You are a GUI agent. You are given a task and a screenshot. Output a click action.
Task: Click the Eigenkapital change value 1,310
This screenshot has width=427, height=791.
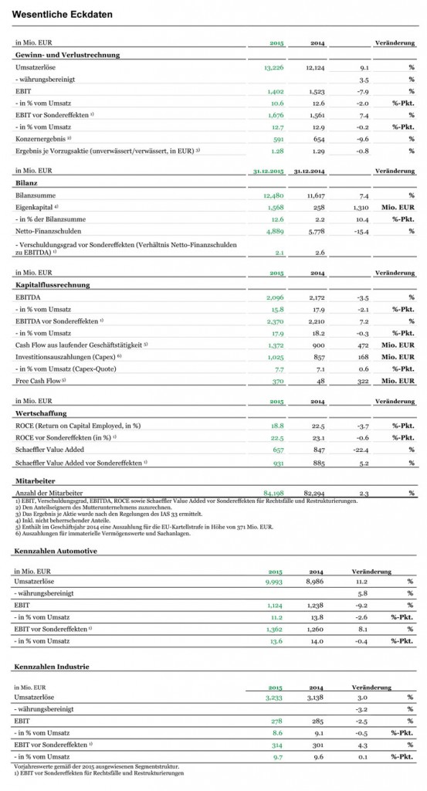coord(359,209)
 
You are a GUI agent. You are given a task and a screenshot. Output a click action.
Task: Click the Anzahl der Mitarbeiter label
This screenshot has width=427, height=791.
coord(46,492)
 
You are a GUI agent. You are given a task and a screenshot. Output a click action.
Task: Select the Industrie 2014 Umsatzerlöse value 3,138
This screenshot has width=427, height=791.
coord(315,695)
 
